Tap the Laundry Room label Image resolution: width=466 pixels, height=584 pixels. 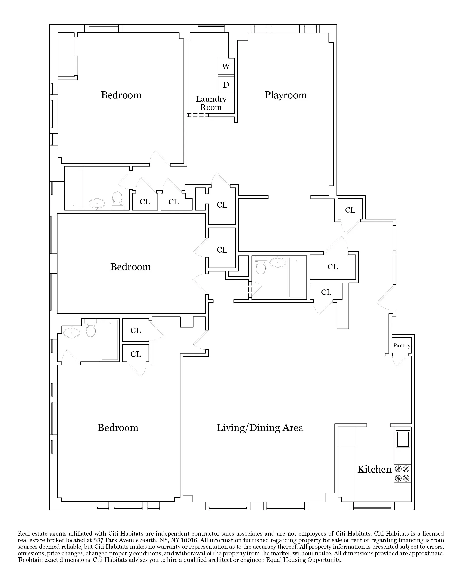211,103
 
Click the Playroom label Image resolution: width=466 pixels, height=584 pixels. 285,95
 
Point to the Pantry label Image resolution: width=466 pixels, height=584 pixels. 402,345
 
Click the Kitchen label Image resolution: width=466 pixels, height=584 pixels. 375,469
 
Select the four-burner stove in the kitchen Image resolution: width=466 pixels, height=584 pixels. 402,474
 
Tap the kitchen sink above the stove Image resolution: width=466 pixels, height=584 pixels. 403,439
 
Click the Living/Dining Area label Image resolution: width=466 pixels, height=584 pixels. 260,428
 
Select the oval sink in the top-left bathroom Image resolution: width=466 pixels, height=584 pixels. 97,203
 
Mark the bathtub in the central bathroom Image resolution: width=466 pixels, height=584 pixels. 297,277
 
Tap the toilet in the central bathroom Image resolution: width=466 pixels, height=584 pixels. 261,266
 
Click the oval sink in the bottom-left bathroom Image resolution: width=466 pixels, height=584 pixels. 72,333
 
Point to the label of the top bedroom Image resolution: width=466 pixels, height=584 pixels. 121,95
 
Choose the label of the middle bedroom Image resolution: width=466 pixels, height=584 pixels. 131,267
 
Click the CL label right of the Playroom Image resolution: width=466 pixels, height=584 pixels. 350,210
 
